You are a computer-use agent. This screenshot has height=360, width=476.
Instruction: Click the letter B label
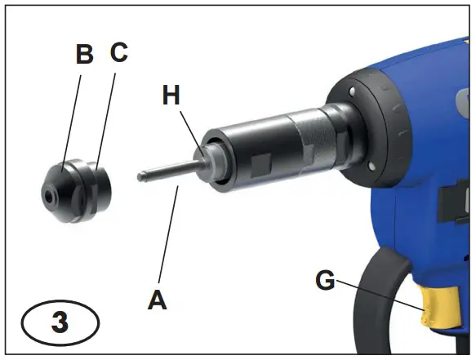coord(84,55)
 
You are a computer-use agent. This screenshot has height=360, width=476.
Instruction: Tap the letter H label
coord(171,96)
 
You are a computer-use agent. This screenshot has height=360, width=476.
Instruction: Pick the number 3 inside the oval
coord(60,322)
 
